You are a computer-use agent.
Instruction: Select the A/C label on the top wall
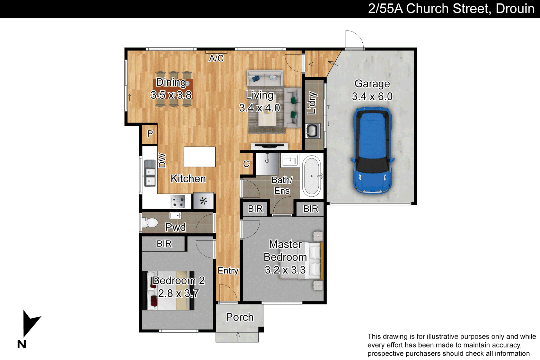(216, 58)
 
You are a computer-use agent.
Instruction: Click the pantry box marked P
(150, 134)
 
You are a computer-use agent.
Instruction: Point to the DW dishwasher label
(162, 160)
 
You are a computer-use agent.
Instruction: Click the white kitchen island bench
(200, 157)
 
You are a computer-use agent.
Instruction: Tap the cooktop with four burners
(178, 201)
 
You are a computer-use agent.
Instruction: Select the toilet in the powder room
(150, 222)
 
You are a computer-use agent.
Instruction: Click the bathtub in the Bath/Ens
(312, 176)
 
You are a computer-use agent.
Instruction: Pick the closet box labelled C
(246, 164)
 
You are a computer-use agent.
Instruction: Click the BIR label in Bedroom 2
(164, 244)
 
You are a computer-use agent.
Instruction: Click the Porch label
(240, 317)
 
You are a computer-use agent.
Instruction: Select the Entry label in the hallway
(228, 270)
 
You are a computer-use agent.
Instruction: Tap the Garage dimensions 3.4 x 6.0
(372, 96)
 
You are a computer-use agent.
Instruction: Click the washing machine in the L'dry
(313, 131)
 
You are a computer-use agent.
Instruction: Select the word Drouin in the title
(515, 9)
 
